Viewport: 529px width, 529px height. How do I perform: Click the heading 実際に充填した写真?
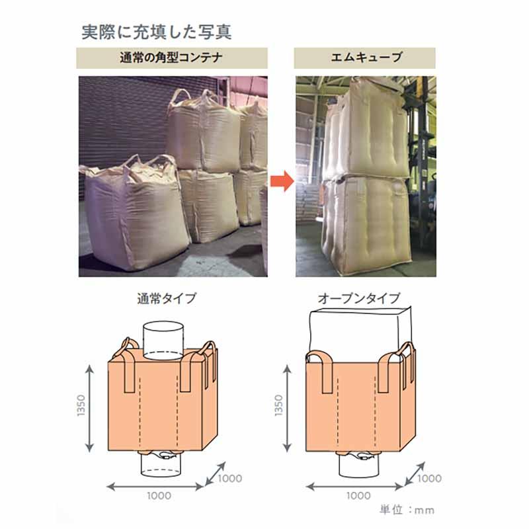(156, 31)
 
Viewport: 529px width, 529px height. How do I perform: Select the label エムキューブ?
(365, 58)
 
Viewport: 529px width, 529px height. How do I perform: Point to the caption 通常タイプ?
(166, 298)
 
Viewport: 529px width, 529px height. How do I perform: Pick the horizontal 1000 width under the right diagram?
(358, 495)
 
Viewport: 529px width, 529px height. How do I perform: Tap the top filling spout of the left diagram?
(163, 339)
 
